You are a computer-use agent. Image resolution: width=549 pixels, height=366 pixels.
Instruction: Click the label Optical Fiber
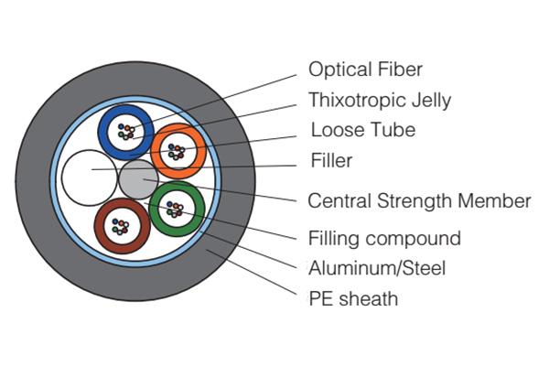366,70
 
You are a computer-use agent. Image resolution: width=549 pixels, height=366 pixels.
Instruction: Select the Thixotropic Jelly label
380,100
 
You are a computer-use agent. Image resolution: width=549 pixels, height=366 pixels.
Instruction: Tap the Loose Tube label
362,130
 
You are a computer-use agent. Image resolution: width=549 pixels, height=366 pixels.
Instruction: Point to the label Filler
331,161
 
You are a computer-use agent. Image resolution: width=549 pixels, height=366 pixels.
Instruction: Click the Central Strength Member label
419,200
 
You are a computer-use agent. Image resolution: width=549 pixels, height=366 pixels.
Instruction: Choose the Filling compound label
384,239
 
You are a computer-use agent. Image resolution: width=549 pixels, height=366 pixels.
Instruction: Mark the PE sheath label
354,298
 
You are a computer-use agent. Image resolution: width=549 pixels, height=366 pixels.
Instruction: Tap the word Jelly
430,100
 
